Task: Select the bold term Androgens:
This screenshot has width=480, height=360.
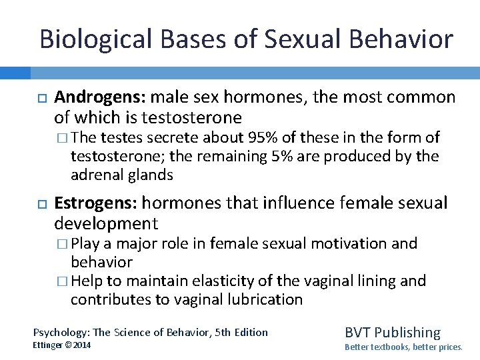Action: [x=100, y=99]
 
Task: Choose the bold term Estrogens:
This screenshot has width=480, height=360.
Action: [x=95, y=203]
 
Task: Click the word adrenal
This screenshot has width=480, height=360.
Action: [x=96, y=175]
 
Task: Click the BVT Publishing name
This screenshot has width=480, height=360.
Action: [x=392, y=332]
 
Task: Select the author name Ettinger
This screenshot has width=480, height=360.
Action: [x=50, y=345]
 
